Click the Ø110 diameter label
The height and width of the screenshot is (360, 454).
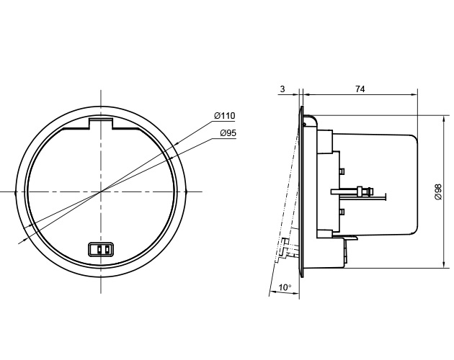(x=225, y=116)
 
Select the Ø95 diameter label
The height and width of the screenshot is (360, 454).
(x=228, y=133)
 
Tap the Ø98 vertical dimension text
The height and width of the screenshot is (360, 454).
(x=438, y=192)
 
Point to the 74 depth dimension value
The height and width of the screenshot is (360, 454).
(x=360, y=89)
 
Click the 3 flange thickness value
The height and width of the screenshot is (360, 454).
(x=282, y=89)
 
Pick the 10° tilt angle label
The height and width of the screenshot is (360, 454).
(x=285, y=287)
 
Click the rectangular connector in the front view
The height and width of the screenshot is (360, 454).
(x=101, y=249)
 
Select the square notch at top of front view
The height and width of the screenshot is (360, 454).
(x=101, y=123)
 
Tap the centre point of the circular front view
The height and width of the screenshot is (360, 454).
(x=101, y=192)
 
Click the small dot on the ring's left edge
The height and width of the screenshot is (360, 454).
(x=15, y=192)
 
